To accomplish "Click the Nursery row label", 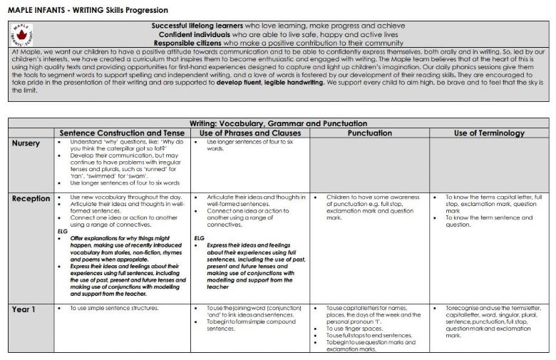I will coord(29,143).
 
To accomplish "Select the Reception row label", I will coord(32,198).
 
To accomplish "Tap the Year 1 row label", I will coord(24,309).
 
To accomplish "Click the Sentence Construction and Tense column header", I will coord(123,133).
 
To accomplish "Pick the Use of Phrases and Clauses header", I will coord(250,133).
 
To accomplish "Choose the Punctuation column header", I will coord(369,133).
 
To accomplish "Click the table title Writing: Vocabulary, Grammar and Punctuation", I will coord(278,123).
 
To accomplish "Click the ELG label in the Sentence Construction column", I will coord(62,231).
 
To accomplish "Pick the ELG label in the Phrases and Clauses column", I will coord(200,237).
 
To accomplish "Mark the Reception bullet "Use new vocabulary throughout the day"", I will coord(118,197).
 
